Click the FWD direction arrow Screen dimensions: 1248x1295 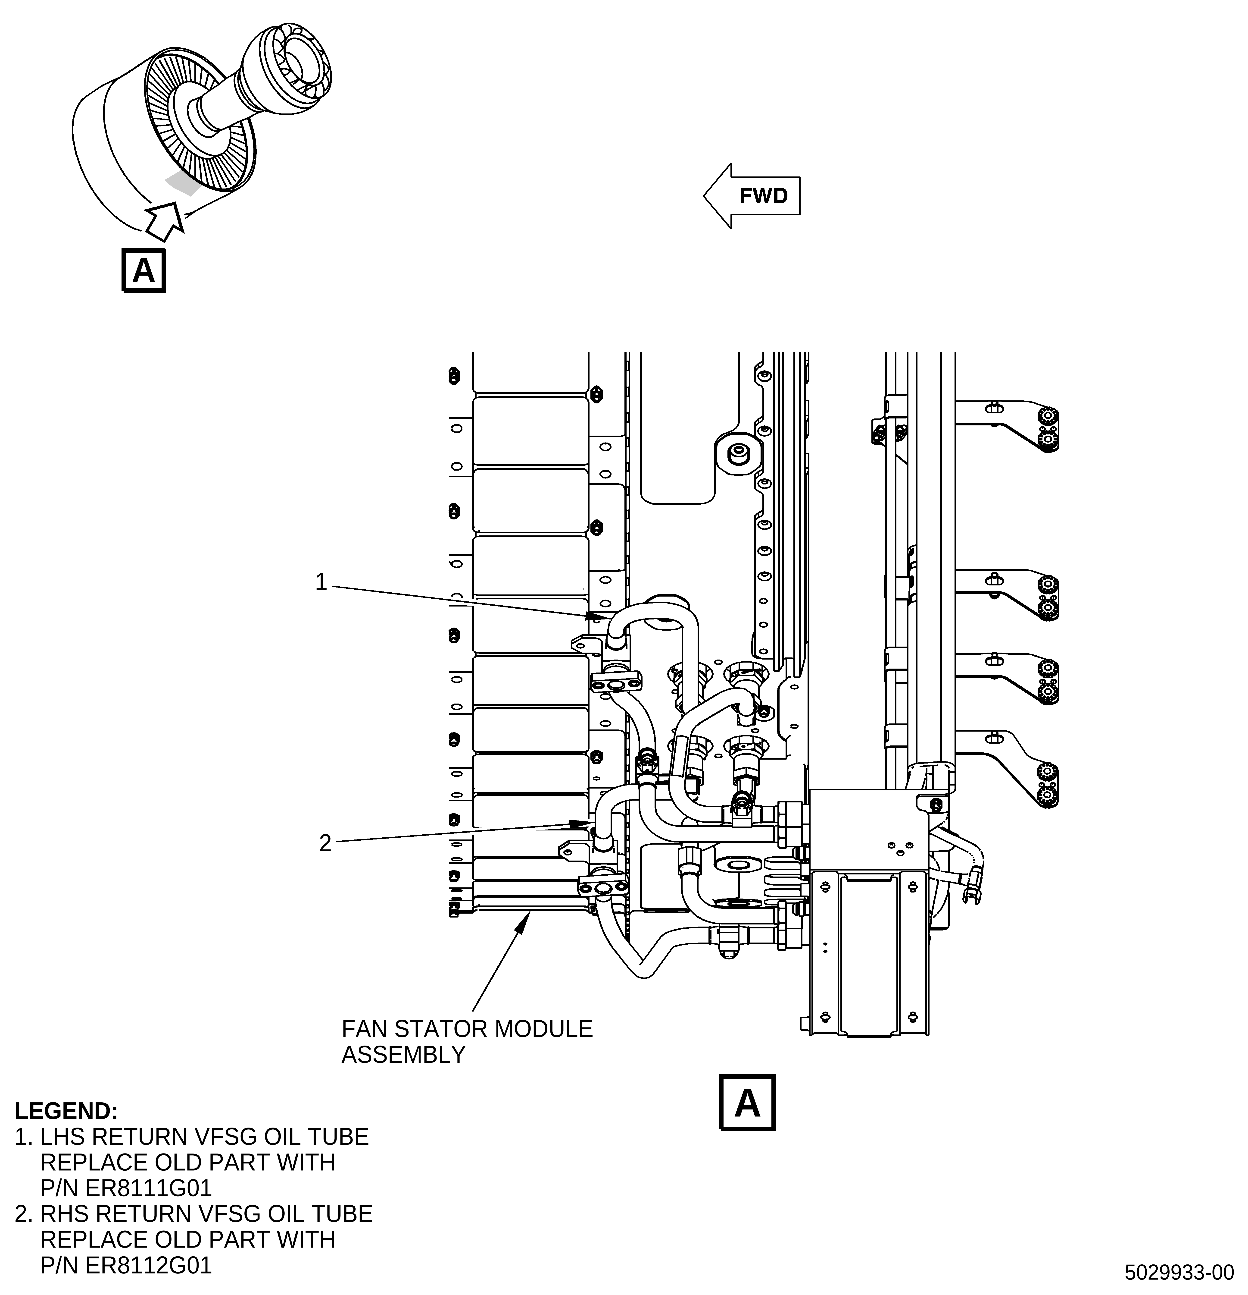point(752,196)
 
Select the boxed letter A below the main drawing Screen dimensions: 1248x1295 point(747,1103)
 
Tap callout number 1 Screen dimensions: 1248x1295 point(321,582)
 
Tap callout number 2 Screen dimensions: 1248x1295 point(325,843)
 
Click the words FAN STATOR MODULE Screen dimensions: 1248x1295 point(467,1029)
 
